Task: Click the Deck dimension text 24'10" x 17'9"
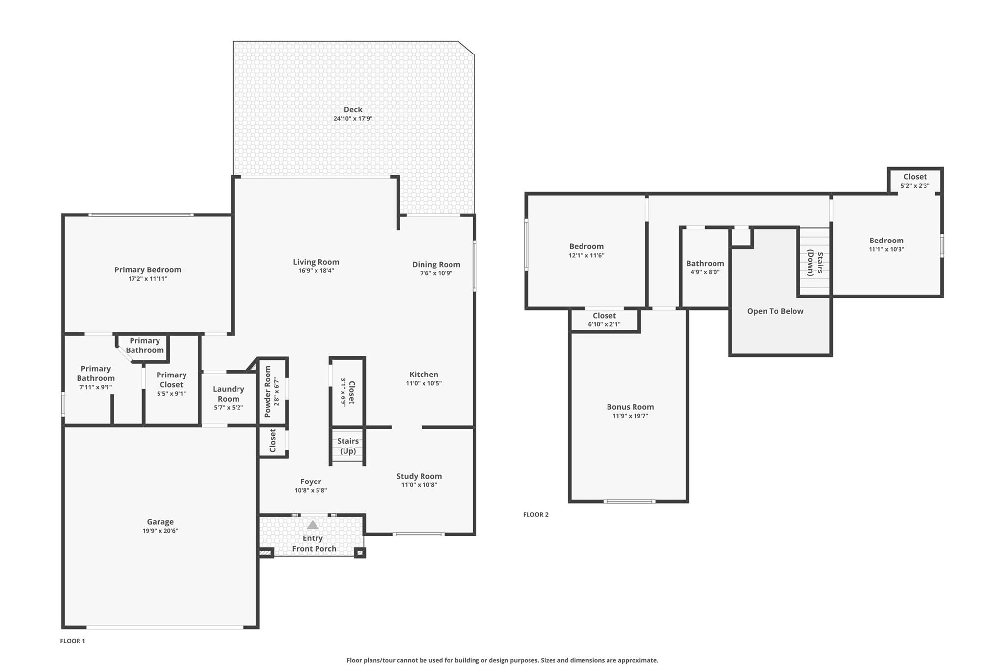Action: point(353,119)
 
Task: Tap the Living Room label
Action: point(316,262)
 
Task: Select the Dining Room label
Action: point(436,265)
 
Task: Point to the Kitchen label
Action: point(424,375)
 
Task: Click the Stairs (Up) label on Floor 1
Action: point(348,446)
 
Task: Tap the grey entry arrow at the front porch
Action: point(313,525)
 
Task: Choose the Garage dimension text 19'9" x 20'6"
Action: point(160,531)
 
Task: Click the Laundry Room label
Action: point(229,394)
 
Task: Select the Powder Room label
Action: point(268,392)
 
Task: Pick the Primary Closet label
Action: point(171,380)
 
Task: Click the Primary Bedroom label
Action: point(148,270)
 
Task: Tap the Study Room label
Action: point(419,476)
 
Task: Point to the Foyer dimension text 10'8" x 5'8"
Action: point(311,490)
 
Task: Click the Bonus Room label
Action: point(630,407)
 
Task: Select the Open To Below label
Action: point(775,311)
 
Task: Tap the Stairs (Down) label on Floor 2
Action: point(815,263)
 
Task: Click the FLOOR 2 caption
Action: point(536,514)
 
